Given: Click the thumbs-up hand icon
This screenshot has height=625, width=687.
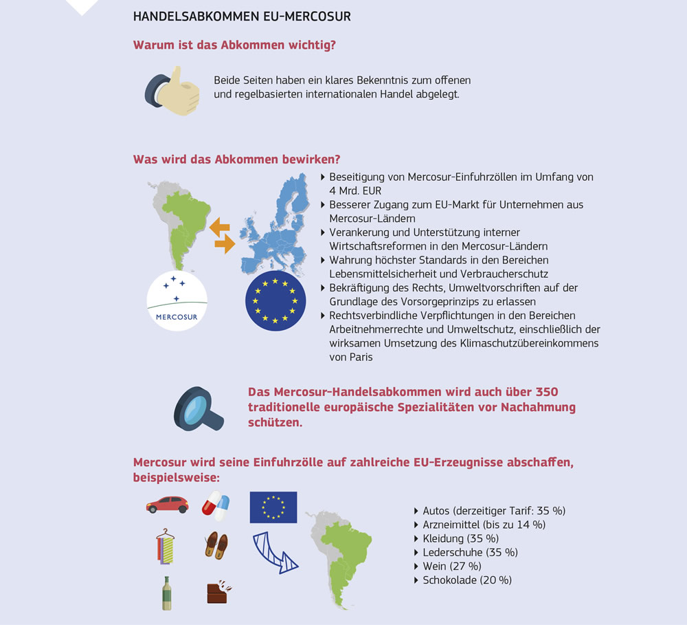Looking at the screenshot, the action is pyautogui.click(x=172, y=91).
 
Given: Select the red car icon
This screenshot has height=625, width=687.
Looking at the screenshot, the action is pyautogui.click(x=167, y=505).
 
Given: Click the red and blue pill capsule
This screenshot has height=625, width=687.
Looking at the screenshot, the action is pyautogui.click(x=215, y=505).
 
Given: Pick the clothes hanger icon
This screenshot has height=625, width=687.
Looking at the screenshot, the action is pyautogui.click(x=165, y=547).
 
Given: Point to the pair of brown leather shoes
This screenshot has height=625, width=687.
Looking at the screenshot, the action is pyautogui.click(x=216, y=545).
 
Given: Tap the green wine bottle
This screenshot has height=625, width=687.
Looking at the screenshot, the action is pyautogui.click(x=166, y=592).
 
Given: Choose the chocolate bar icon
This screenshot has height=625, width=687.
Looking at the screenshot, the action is pyautogui.click(x=218, y=592).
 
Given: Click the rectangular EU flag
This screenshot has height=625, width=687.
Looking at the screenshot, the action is pyautogui.click(x=273, y=507).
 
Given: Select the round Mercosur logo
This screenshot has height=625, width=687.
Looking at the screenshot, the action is pyautogui.click(x=177, y=300).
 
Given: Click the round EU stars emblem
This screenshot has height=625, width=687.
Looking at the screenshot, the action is pyautogui.click(x=275, y=300).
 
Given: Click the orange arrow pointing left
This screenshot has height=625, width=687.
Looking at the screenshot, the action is pyautogui.click(x=219, y=227).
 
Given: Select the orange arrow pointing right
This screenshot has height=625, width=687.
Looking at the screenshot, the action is pyautogui.click(x=225, y=243).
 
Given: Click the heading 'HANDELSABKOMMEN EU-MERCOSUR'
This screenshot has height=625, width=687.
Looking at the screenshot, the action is pyautogui.click(x=241, y=17).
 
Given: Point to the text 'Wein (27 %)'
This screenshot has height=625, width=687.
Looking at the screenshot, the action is pyautogui.click(x=451, y=566).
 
